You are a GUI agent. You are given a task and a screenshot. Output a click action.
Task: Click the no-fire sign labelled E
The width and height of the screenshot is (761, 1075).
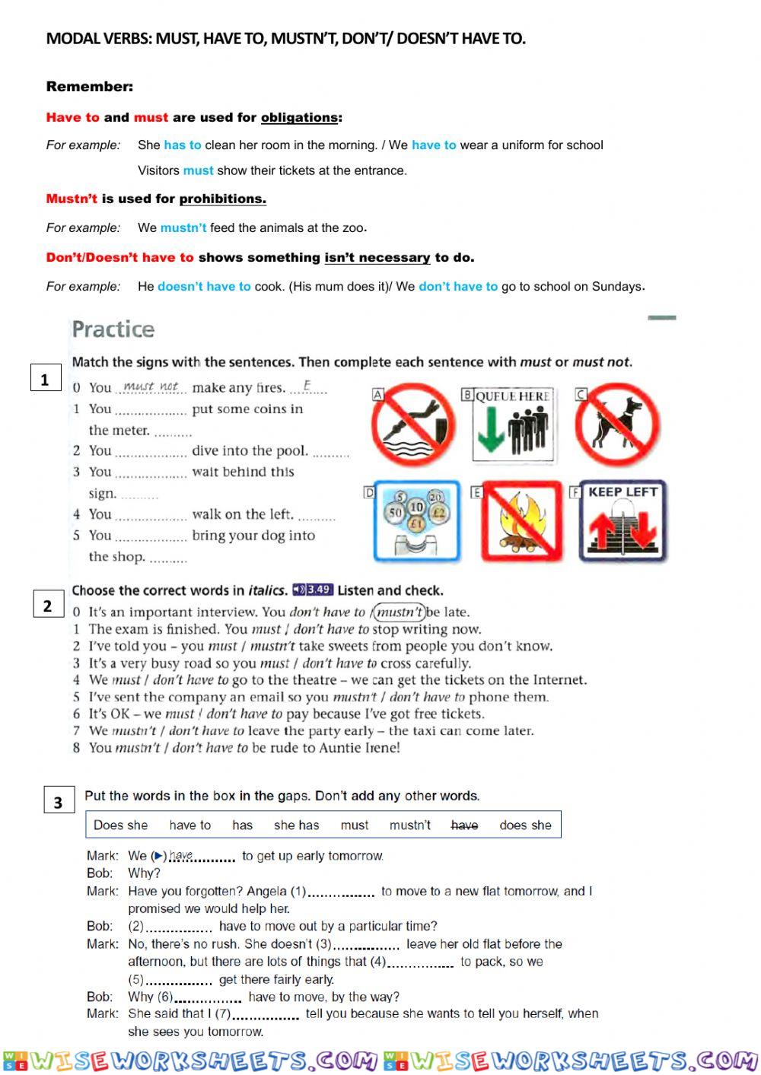pyautogui.click(x=521, y=522)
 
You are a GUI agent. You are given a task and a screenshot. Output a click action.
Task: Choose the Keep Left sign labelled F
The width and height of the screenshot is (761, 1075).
pyautogui.click(x=622, y=522)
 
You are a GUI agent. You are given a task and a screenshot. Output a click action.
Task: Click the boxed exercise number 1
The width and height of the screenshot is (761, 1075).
pyautogui.click(x=45, y=379)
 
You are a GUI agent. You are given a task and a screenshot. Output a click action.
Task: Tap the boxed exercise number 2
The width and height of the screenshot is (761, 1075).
pyautogui.click(x=48, y=605)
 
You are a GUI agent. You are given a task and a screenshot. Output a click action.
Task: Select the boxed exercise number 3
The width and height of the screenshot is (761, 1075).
pyautogui.click(x=58, y=802)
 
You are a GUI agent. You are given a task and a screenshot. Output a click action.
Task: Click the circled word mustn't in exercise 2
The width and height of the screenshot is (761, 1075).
pyautogui.click(x=400, y=612)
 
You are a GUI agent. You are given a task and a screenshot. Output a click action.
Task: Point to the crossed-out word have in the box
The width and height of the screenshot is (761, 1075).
pyautogui.click(x=464, y=825)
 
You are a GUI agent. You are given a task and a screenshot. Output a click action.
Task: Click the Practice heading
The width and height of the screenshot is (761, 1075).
pyautogui.click(x=113, y=329)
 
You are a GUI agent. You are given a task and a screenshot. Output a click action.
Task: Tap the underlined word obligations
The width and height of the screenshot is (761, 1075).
pyautogui.click(x=299, y=117)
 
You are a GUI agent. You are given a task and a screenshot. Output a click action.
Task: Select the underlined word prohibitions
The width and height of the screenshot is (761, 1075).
pyautogui.click(x=222, y=199)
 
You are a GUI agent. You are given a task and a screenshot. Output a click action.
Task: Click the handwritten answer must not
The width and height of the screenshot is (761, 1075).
pyautogui.click(x=151, y=386)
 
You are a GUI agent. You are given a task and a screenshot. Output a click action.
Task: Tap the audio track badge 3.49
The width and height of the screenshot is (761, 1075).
pyautogui.click(x=313, y=590)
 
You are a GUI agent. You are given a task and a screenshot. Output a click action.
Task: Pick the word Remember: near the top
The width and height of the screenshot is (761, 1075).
pyautogui.click(x=90, y=87)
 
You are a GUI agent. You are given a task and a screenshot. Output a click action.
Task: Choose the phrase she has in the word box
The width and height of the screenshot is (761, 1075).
pyautogui.click(x=296, y=825)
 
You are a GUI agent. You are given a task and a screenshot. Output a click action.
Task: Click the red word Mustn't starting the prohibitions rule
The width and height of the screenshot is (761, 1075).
pyautogui.click(x=72, y=199)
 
